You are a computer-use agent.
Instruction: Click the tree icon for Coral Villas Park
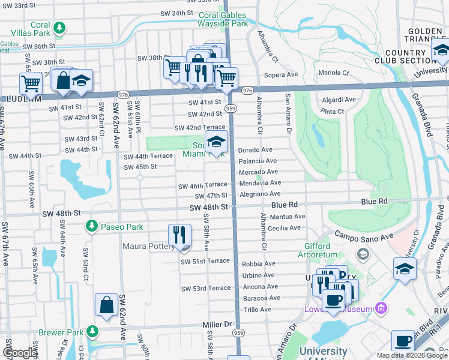point(59,28)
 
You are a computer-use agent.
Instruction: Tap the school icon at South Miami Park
point(215,142)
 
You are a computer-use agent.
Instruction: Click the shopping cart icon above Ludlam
point(30,82)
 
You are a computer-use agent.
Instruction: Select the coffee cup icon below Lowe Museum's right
point(403,341)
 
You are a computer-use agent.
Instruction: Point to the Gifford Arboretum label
point(316,250)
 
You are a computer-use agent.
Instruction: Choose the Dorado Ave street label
point(255,149)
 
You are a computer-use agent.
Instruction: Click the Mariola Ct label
point(333,73)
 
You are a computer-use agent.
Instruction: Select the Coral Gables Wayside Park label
point(223,20)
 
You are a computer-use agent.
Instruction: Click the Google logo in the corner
point(20,352)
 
